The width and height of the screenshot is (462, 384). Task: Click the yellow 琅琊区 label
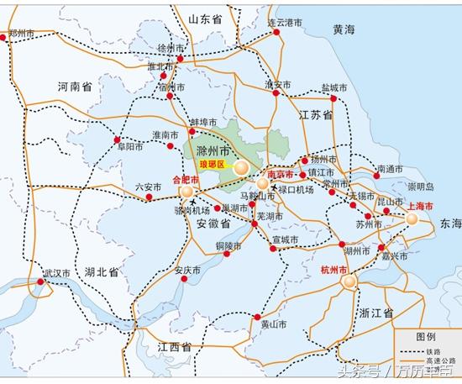[x=213, y=164]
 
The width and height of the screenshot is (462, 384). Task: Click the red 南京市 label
[x=281, y=174]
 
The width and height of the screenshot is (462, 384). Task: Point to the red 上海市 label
[x=419, y=205]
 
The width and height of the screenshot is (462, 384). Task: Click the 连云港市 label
[x=286, y=23]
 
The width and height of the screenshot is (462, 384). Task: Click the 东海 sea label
[x=449, y=224]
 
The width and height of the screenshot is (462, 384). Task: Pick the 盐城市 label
[x=333, y=87]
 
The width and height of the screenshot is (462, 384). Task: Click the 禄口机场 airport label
[x=297, y=190]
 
